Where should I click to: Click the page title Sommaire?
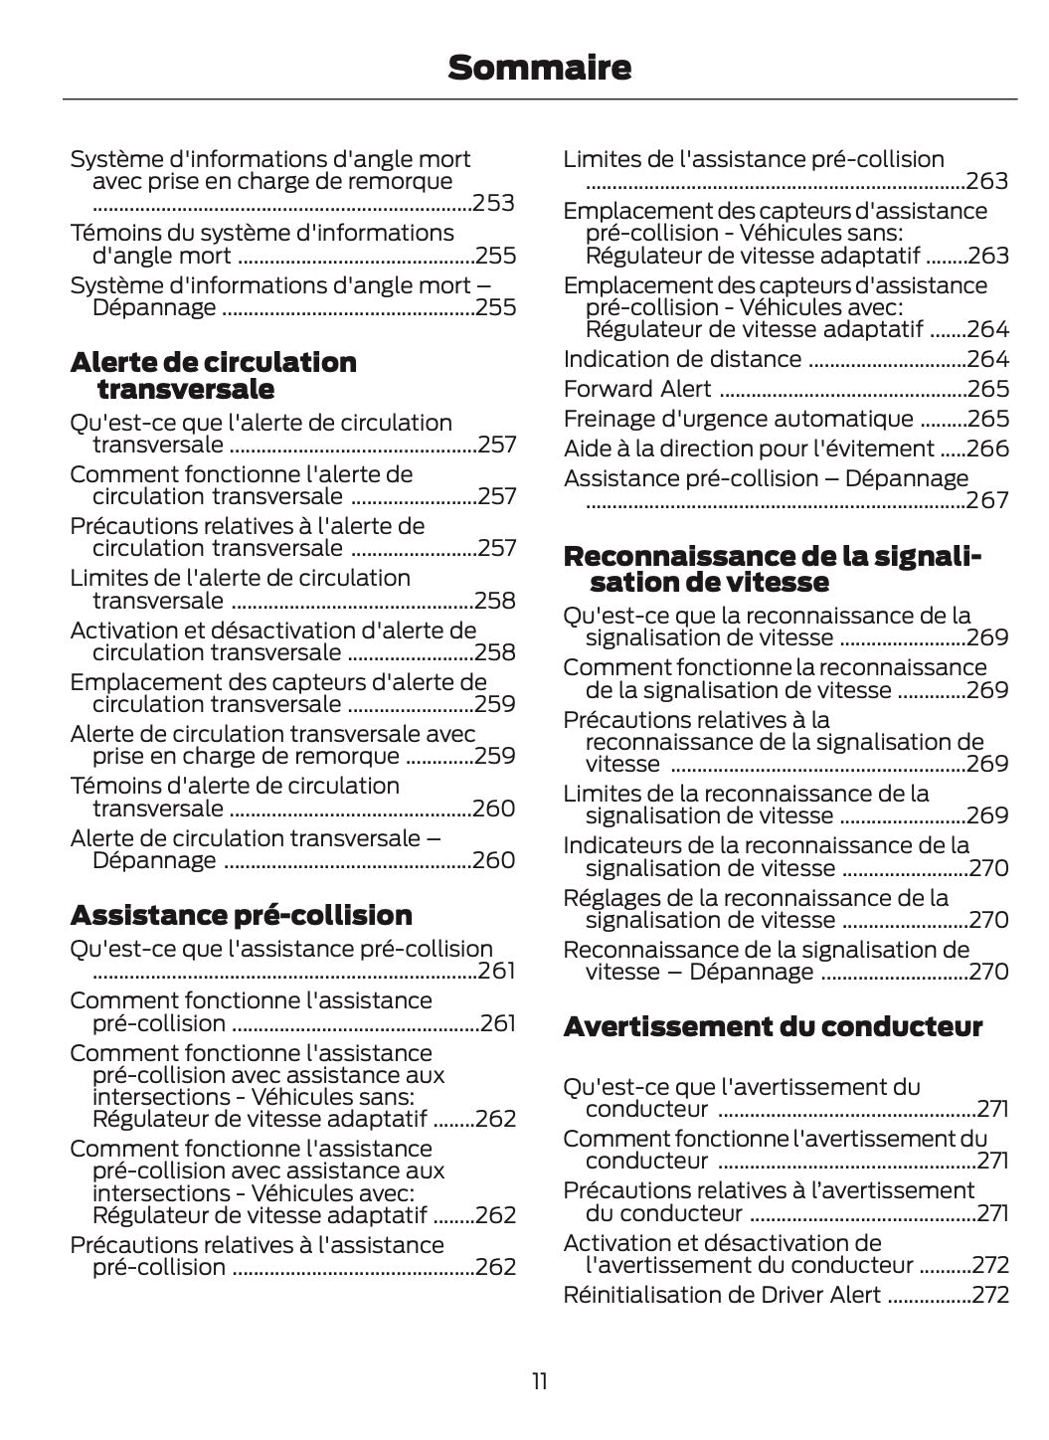539,68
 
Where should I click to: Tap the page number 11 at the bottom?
539,1381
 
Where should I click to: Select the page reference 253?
494,203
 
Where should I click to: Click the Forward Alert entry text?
637,389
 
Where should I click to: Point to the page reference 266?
987,449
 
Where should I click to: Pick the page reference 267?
987,500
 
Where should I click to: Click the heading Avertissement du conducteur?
773,1026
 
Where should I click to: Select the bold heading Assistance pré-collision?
242,915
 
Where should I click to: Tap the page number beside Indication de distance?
987,359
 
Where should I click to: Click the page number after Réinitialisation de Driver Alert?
990,1295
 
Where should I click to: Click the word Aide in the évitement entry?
584,449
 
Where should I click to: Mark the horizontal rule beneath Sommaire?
539,99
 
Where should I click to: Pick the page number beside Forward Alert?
987,389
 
